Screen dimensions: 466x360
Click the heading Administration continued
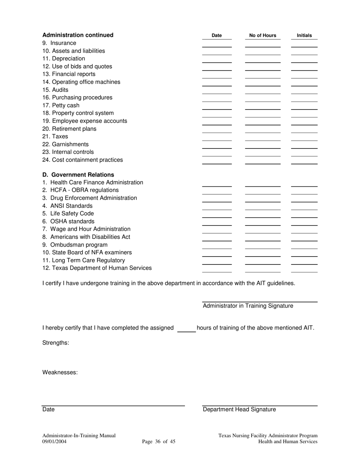(x=78, y=35)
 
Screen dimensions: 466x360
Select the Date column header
(x=217, y=36)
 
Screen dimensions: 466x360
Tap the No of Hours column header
(x=263, y=36)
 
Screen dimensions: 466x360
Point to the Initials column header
(x=304, y=36)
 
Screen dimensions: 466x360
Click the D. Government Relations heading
(x=78, y=175)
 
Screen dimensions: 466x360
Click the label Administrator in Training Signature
(x=248, y=306)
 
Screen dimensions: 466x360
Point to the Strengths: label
(x=56, y=343)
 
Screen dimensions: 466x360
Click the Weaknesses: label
(x=60, y=372)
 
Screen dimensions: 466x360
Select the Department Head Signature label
(x=239, y=410)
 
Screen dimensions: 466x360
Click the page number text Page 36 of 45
(x=159, y=441)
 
